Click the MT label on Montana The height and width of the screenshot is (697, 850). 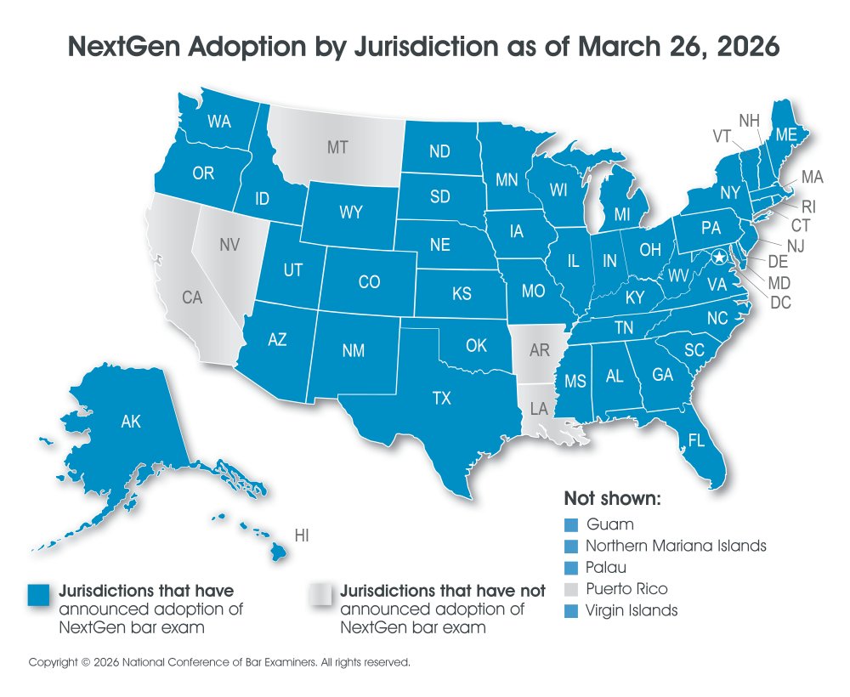click(337, 148)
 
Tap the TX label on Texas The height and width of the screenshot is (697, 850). click(442, 397)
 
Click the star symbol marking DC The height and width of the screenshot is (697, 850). click(720, 257)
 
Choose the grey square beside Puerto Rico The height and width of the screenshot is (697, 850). click(571, 588)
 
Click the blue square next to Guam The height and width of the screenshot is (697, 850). click(571, 524)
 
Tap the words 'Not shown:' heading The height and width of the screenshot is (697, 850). click(612, 498)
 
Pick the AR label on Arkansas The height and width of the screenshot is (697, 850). click(539, 351)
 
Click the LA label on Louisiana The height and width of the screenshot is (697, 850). click(540, 408)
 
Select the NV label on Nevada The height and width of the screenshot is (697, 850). click(229, 245)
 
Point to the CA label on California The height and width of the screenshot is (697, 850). click(192, 297)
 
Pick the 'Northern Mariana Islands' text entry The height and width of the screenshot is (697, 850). click(677, 546)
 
